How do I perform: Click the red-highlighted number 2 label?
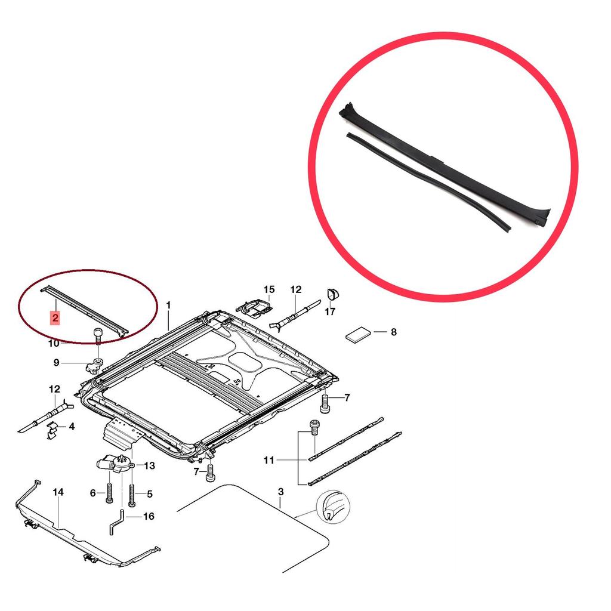tap(55, 318)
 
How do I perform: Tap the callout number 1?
tap(168, 305)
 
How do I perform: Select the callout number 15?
tap(269, 289)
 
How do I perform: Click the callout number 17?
tap(329, 311)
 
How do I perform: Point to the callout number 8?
tap(394, 332)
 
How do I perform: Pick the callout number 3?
tap(281, 492)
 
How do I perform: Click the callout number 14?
tap(58, 492)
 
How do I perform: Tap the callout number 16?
tap(149, 516)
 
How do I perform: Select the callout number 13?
tap(149, 465)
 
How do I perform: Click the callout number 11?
tap(269, 460)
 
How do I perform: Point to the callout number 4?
tap(72, 427)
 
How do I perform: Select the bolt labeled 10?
tap(98, 336)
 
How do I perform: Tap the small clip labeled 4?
tap(52, 430)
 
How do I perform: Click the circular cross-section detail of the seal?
tap(333, 507)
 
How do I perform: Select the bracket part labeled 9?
tap(94, 366)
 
